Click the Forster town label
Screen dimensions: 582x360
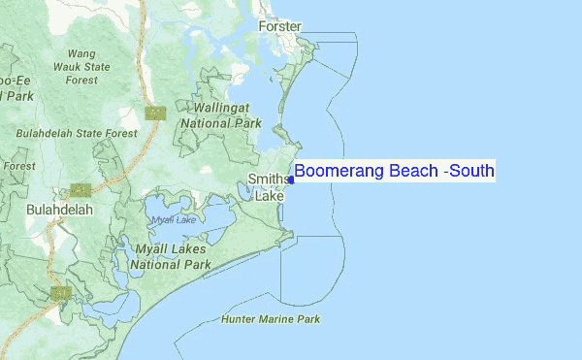tap(279, 26)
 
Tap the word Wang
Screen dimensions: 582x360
tap(81, 53)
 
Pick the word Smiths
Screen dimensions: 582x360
tap(268, 180)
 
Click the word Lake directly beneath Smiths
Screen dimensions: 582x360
tap(269, 195)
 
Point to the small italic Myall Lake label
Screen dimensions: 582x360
tap(173, 221)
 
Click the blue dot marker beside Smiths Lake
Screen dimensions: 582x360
tap(291, 180)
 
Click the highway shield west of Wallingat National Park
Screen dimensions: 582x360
tap(155, 114)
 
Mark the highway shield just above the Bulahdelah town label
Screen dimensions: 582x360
tap(81, 190)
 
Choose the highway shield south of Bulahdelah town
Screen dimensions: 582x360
tap(60, 292)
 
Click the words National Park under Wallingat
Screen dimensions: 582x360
tap(221, 123)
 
